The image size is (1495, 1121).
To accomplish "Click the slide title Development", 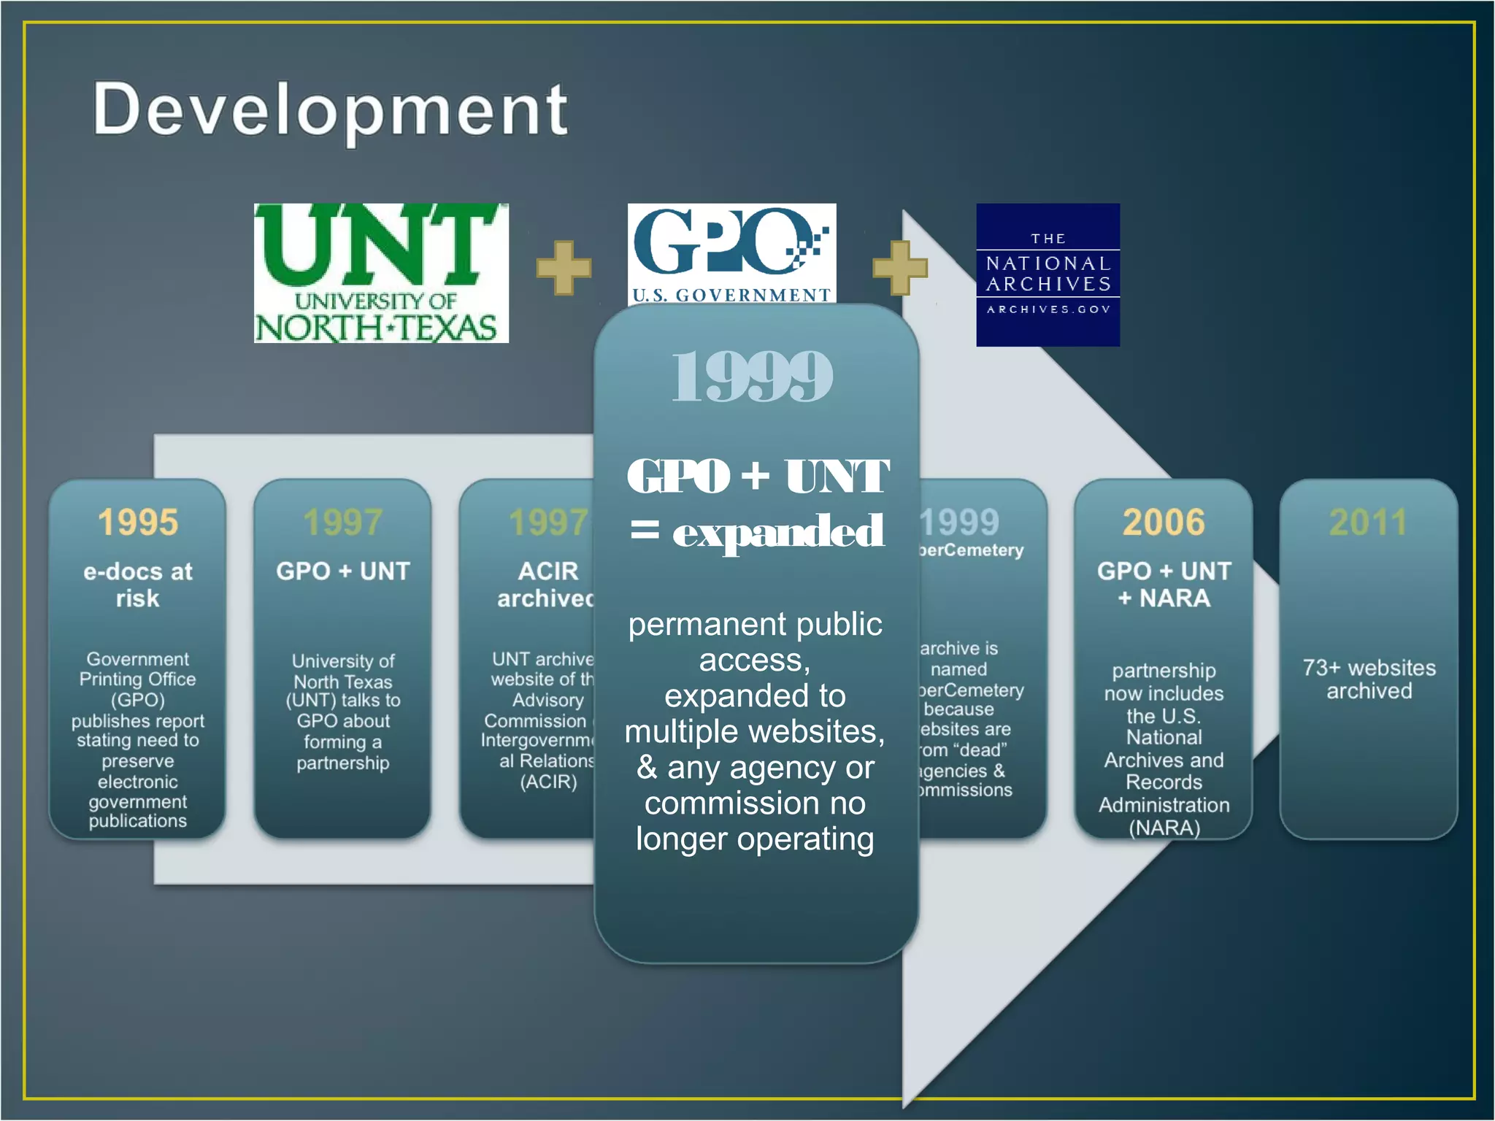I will (330, 109).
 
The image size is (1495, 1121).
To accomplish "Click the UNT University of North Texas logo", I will (381, 273).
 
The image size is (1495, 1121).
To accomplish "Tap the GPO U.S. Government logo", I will (731, 253).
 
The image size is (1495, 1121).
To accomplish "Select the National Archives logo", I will (1048, 274).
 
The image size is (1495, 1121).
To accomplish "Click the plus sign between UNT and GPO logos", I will (564, 268).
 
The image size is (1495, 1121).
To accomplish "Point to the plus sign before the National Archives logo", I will (899, 268).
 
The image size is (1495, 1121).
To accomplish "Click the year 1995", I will (138, 523).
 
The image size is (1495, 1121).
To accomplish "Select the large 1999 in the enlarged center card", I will (752, 377).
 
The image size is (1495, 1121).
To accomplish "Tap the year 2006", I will (1164, 523).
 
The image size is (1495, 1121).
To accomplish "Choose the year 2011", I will (1368, 523).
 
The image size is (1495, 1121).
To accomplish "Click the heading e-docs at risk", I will (138, 585).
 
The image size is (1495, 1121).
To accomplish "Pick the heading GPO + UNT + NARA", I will (1164, 585).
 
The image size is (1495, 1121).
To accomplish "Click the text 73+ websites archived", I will (1369, 679).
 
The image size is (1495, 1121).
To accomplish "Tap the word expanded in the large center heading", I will (778, 531).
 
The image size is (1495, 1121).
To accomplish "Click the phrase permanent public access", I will (755, 642).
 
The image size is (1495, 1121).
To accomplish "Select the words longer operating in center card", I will (755, 839).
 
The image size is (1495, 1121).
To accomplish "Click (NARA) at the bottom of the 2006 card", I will (1164, 828).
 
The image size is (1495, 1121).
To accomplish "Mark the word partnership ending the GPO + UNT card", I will (342, 763).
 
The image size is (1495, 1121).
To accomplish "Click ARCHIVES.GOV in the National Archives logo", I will (1048, 309).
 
